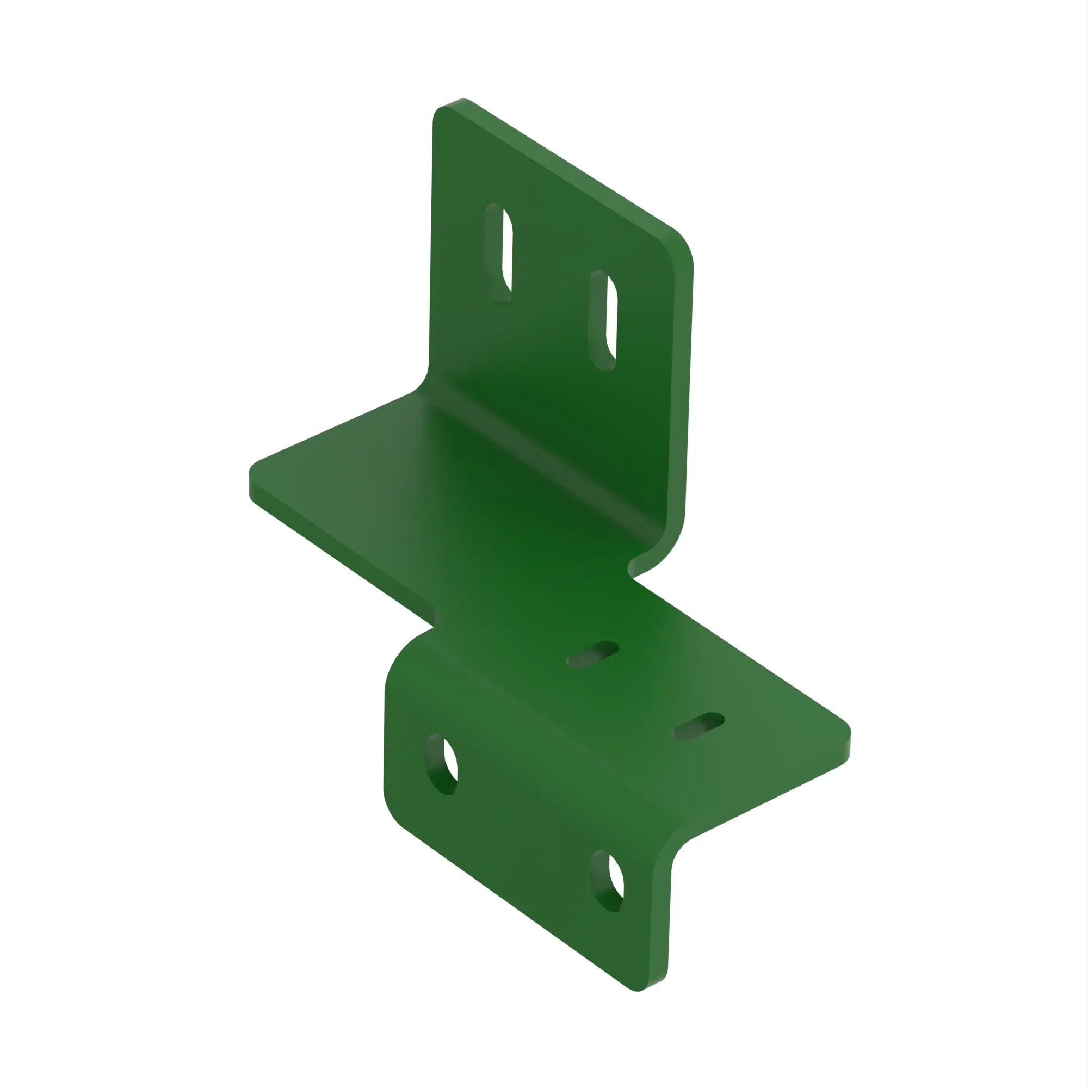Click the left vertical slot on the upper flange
pyautogui.click(x=499, y=254)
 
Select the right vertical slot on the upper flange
pyautogui.click(x=604, y=320)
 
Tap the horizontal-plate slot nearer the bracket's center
pyautogui.click(x=593, y=654)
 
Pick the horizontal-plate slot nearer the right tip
pyautogui.click(x=700, y=726)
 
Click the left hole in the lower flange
pyautogui.click(x=442, y=764)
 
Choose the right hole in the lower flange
pyautogui.click(x=608, y=881)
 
